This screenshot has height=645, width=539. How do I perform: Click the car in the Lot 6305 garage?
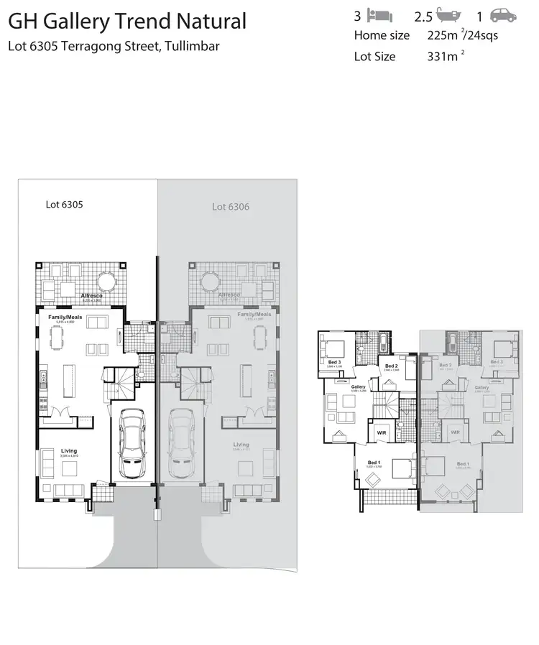click(x=131, y=444)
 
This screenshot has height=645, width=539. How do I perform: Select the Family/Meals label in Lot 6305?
click(x=62, y=316)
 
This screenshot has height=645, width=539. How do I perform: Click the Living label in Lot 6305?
click(x=69, y=451)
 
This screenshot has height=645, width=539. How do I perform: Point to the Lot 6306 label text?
click(x=231, y=206)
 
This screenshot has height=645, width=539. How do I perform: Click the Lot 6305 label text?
click(x=65, y=204)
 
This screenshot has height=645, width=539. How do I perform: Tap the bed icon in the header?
click(x=379, y=15)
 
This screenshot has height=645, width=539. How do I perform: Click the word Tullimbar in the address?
click(x=192, y=47)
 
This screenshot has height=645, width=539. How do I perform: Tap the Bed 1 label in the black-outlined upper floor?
click(x=373, y=462)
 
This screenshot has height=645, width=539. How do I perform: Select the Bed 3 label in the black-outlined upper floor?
click(x=334, y=362)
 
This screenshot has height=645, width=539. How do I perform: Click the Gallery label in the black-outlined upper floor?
click(x=359, y=386)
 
